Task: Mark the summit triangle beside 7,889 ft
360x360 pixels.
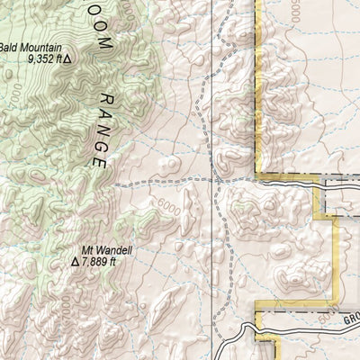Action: click(x=76, y=264)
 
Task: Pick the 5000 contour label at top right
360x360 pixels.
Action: click(x=293, y=8)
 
